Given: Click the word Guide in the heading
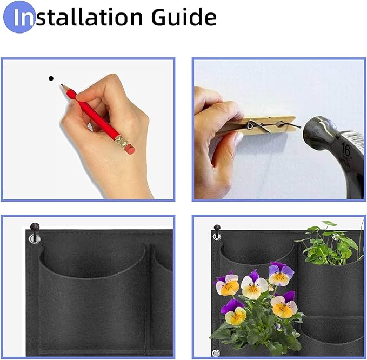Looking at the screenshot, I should pyautogui.click(x=183, y=17).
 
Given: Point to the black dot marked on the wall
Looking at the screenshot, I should pyautogui.click(x=51, y=78).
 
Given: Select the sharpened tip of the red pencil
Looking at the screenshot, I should pyautogui.click(x=62, y=85).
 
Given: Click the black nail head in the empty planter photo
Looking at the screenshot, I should pyautogui.click(x=35, y=226).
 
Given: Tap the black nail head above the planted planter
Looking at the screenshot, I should pyautogui.click(x=217, y=228).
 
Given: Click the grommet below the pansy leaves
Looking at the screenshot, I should pyautogui.click(x=216, y=352).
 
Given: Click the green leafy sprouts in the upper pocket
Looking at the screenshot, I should pyautogui.click(x=330, y=243).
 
